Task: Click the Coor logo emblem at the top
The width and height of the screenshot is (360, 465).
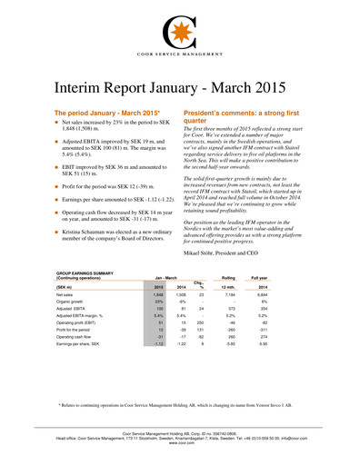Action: tap(179, 32)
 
